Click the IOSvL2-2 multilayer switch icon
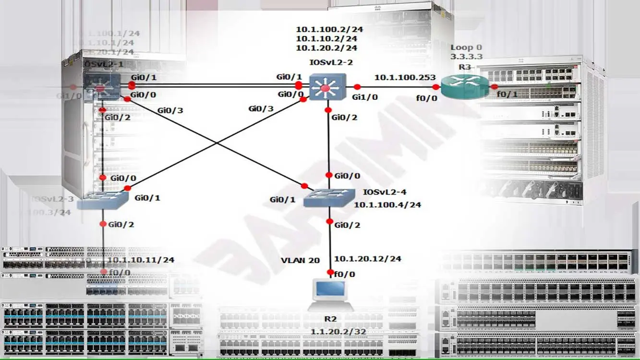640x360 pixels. click(327, 87)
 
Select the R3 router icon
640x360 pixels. click(464, 87)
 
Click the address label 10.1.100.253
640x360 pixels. click(405, 77)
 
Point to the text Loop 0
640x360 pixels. click(466, 48)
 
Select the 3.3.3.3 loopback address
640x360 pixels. click(466, 57)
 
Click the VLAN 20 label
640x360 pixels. click(300, 261)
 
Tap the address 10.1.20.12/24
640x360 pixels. click(367, 259)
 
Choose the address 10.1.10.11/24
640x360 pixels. click(140, 260)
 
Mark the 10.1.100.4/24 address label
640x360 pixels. click(387, 204)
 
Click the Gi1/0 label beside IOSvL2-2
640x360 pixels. click(364, 97)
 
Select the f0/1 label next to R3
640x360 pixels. click(507, 95)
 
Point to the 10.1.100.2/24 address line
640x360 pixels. click(329, 29)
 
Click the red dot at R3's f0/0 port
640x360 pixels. click(435, 87)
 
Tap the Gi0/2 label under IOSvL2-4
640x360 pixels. click(348, 225)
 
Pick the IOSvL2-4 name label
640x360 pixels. click(385, 192)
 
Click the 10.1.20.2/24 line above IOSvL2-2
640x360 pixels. click(326, 48)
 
